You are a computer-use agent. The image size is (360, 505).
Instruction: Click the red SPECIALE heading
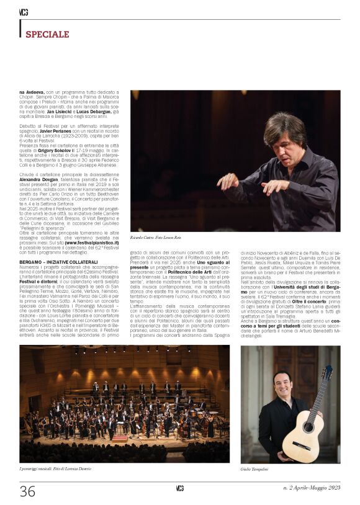point(47,34)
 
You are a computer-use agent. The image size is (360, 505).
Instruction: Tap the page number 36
point(28,491)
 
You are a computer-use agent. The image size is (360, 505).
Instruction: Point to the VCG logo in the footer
point(179,488)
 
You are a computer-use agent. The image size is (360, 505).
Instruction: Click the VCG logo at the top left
point(24,12)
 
